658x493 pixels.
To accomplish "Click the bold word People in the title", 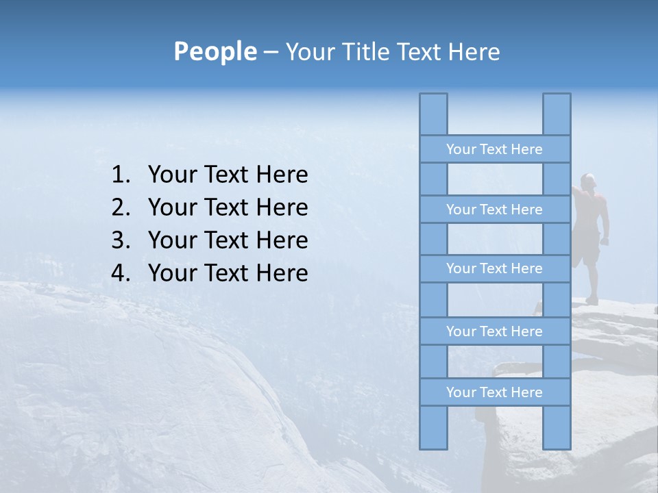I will (x=215, y=51).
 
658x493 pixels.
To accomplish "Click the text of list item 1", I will (x=228, y=175).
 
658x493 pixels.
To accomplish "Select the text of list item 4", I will (x=228, y=274).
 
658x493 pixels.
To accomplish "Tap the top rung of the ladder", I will (x=494, y=149).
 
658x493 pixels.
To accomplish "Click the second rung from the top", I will (x=494, y=210).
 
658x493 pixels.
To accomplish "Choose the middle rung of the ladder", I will (x=494, y=268).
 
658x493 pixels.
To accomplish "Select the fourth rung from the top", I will (x=494, y=331).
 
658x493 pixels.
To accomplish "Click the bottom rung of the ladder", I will (x=494, y=392).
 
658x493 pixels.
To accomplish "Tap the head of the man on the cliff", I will (x=587, y=180).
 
